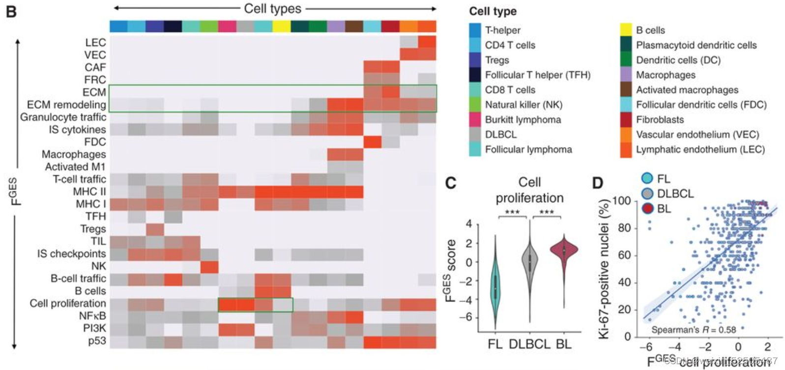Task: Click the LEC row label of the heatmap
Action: point(95,42)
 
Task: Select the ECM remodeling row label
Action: point(66,105)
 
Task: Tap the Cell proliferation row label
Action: point(68,303)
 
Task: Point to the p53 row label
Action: point(97,340)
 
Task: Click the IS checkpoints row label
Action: point(71,253)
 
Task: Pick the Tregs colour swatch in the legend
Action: point(475,60)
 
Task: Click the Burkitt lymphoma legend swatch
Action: point(475,120)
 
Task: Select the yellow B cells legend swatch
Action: point(626,30)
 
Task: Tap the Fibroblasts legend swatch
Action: point(626,120)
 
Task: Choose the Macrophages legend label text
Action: point(666,75)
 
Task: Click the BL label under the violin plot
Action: point(564,344)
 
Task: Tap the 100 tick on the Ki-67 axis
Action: point(621,201)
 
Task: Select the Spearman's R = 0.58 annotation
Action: point(694,330)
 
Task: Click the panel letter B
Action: point(11,11)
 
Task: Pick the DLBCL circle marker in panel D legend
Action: point(647,193)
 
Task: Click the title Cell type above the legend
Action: point(493,11)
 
